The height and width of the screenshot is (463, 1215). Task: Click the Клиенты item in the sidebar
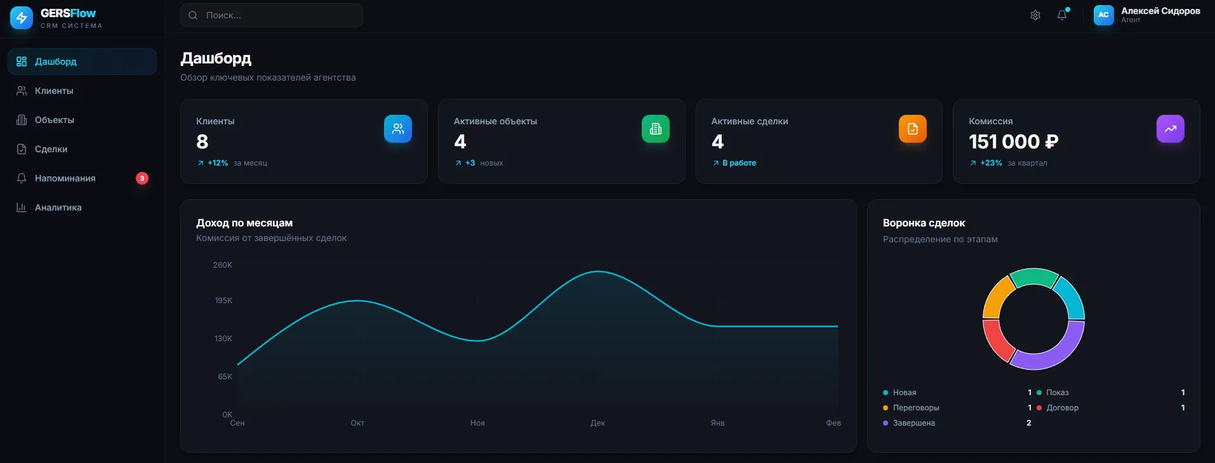[54, 91]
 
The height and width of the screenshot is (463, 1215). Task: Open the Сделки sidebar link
[51, 149]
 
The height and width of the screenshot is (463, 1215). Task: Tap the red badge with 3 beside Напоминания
[142, 178]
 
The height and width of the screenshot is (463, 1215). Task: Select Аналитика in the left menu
[58, 207]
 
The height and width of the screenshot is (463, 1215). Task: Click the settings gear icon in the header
[1035, 15]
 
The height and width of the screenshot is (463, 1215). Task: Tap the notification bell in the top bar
[1062, 15]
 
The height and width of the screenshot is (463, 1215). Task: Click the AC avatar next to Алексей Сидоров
[1103, 15]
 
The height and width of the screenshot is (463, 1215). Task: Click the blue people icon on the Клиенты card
[398, 129]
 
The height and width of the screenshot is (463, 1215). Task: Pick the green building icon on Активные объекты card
[656, 129]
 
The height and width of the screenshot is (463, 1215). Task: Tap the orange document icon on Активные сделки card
[913, 129]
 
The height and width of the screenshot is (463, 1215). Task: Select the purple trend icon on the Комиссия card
[1171, 129]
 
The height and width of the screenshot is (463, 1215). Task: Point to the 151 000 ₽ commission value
[1013, 141]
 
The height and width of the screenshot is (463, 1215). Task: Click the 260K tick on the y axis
[223, 265]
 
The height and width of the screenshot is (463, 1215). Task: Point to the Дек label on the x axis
[597, 423]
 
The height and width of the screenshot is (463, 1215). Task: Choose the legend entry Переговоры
[916, 408]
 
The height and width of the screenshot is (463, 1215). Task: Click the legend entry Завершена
[913, 423]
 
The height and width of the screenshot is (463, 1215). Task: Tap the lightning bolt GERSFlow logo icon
[22, 18]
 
